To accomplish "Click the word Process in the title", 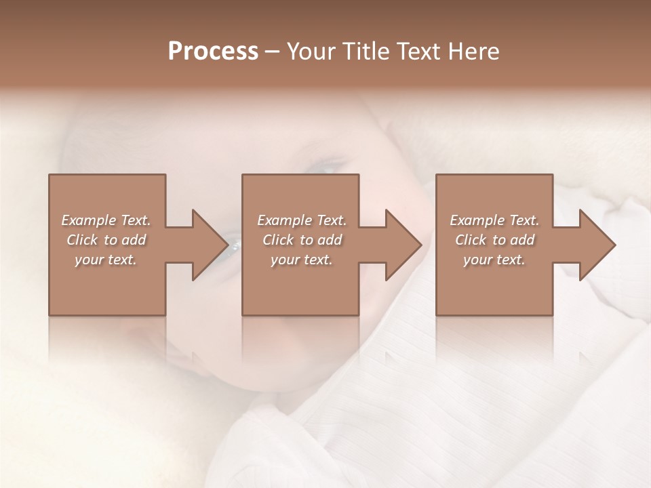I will (x=213, y=52).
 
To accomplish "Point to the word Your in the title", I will (x=311, y=52).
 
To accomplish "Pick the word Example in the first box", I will (x=88, y=220).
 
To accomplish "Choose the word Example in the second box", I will (x=284, y=220).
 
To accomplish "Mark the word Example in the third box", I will (x=477, y=220).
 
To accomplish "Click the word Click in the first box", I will (x=82, y=240).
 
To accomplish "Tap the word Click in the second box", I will (x=278, y=240).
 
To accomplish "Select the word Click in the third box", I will (x=471, y=240).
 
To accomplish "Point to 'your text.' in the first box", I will (x=106, y=260).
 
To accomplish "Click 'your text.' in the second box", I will (x=301, y=260).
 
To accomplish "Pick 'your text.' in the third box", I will (x=494, y=260).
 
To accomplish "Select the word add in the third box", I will (x=523, y=240).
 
